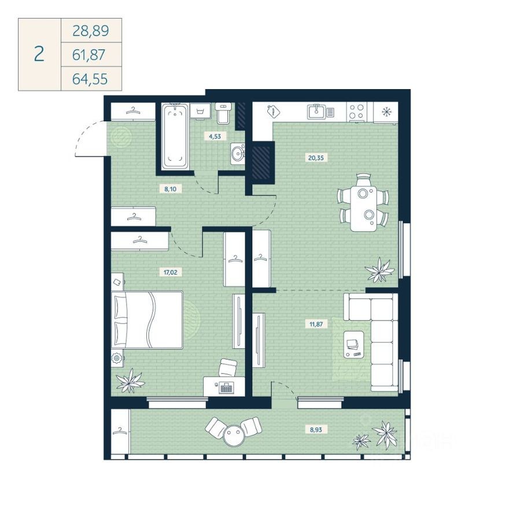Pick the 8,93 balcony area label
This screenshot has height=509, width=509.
(316, 429)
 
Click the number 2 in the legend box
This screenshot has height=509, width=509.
(39, 54)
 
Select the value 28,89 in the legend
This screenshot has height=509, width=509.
(90, 30)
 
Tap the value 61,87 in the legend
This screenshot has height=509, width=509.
(90, 54)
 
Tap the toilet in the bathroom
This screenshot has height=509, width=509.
(223, 113)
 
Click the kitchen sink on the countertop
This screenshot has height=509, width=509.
(316, 111)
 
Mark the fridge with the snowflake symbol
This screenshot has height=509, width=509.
(385, 112)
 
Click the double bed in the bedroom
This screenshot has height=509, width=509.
(148, 319)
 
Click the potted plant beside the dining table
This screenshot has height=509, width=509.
(379, 270)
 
